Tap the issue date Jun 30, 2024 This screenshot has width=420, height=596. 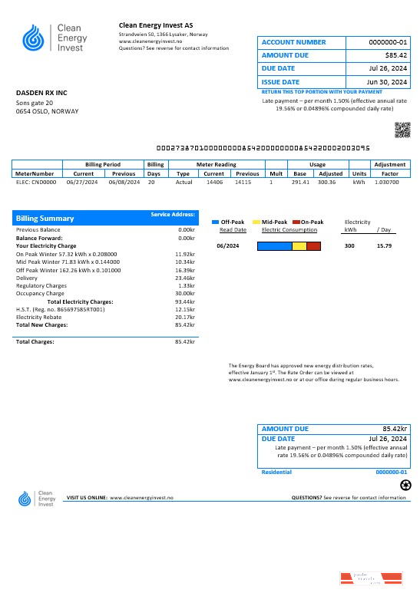pyautogui.click(x=389, y=81)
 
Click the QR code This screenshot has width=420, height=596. pyautogui.click(x=402, y=130)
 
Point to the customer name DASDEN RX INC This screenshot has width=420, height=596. pyautogui.click(x=41, y=93)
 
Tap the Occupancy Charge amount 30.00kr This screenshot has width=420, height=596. pyautogui.click(x=184, y=293)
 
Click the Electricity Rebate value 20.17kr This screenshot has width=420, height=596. pyautogui.click(x=185, y=316)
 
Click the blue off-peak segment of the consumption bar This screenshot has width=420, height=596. pyautogui.click(x=274, y=246)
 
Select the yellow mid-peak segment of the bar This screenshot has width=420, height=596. pyautogui.click(x=299, y=246)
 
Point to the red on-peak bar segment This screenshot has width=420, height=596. pyautogui.click(x=313, y=246)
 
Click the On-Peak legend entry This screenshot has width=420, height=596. pyautogui.click(x=308, y=222)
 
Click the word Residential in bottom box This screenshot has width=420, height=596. pyautogui.click(x=277, y=473)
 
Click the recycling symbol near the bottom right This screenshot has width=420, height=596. pyautogui.click(x=406, y=485)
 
